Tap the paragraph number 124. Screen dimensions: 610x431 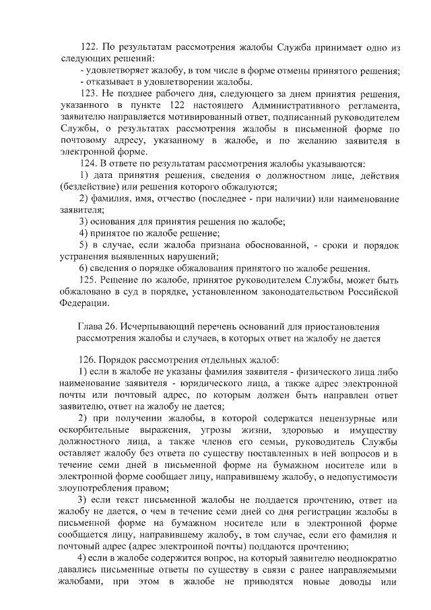tap(89, 164)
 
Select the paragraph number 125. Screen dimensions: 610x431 tap(89, 280)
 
